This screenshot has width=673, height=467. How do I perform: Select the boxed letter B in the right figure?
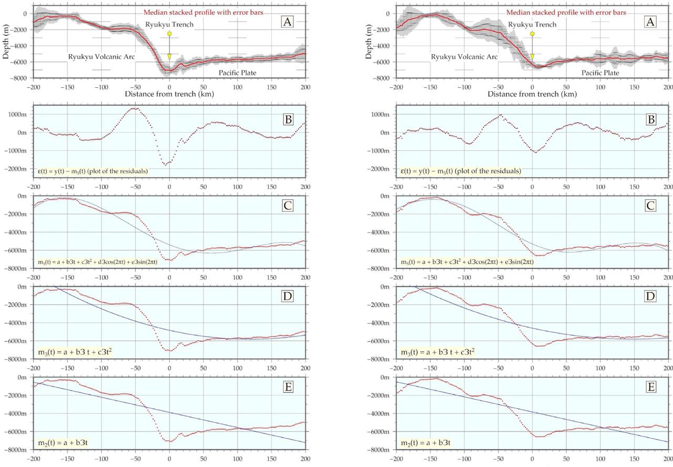650,120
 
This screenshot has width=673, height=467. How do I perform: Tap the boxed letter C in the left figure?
288,206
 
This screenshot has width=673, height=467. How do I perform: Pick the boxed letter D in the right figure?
650,296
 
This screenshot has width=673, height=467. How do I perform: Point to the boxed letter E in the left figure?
288,387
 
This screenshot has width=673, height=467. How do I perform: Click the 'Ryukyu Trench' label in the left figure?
169,24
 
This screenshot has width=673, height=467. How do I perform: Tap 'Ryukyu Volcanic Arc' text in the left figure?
98,56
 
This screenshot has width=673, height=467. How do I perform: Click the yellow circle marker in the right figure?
532,34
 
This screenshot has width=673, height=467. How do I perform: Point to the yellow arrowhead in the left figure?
169,57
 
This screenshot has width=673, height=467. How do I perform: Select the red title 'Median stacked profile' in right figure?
566,12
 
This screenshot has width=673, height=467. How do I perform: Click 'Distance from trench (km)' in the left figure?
169,94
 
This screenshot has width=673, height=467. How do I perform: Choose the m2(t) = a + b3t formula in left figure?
62,443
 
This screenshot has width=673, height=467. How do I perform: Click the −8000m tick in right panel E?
381,450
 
